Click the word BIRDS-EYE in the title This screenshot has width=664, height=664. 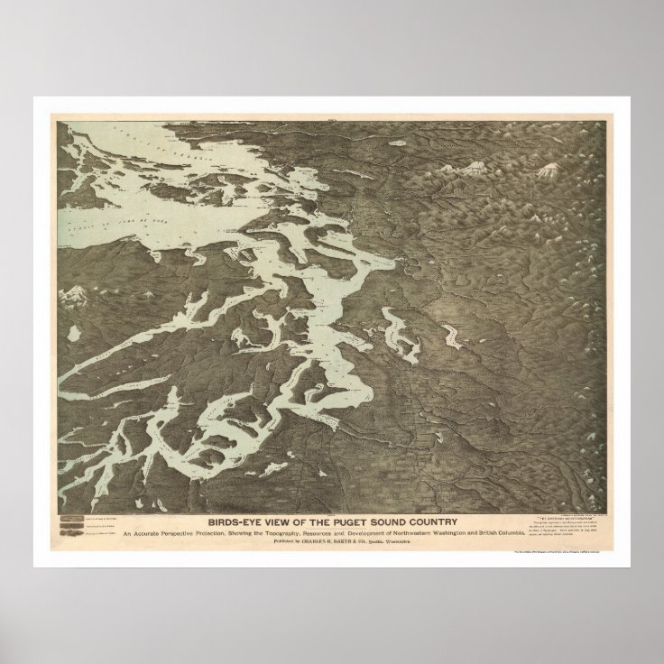[236, 521]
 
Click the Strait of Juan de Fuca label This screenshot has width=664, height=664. [135, 212]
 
